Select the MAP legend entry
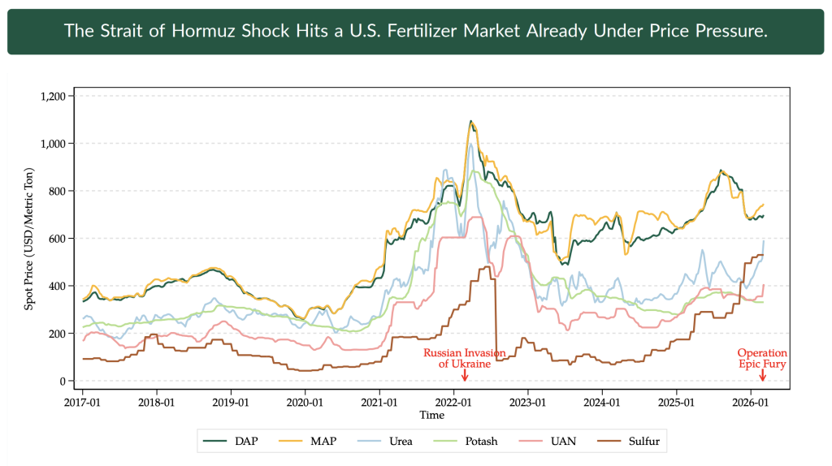[323, 442]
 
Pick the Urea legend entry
[401, 442]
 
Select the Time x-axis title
[431, 415]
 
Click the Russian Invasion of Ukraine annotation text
[465, 359]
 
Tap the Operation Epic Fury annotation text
[762, 359]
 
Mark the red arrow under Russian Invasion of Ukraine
[465, 376]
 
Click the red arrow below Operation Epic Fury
[762, 376]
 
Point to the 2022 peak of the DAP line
[470, 122]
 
